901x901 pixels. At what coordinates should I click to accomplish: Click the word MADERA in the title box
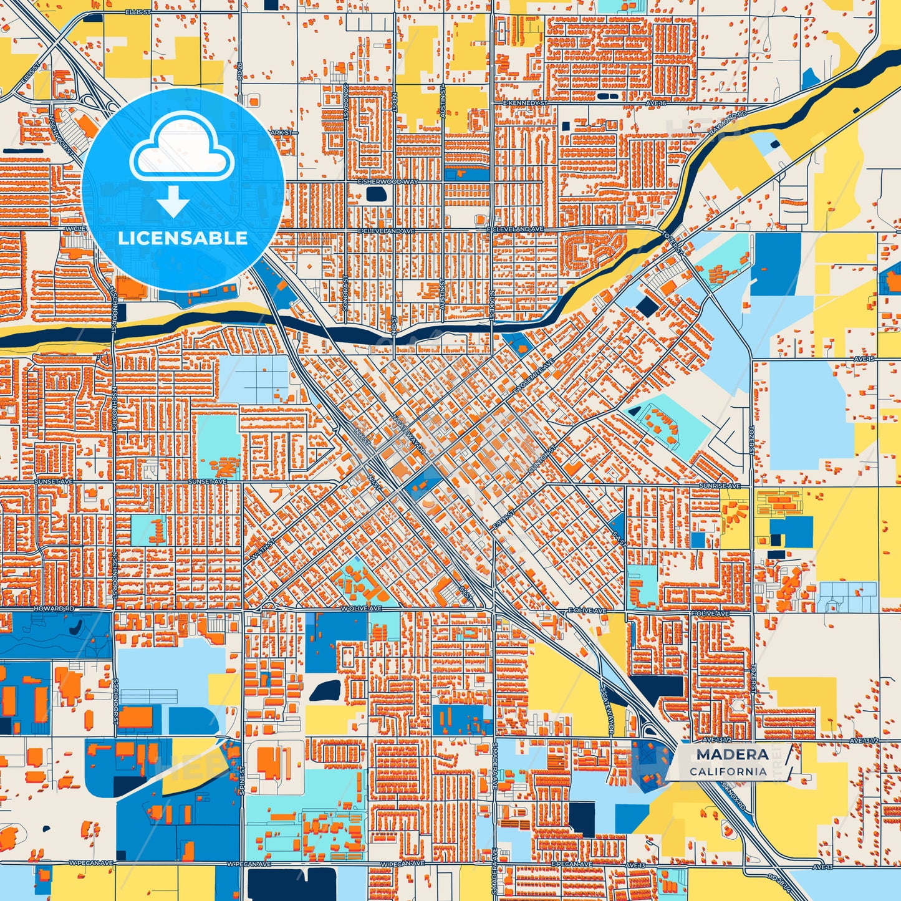point(732,754)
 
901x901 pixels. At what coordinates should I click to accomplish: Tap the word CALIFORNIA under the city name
point(728,771)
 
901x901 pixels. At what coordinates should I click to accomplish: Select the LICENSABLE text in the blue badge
point(183,238)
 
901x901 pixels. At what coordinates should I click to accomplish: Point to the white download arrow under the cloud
point(173,201)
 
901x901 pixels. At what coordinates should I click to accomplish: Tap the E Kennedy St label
point(525,102)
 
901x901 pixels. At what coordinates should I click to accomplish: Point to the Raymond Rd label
point(728,124)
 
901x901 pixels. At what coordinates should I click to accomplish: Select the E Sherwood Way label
point(388,181)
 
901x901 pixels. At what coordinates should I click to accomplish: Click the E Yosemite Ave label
point(533,377)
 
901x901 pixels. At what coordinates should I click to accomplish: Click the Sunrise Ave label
point(720,486)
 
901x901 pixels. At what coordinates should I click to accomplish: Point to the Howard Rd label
point(54,608)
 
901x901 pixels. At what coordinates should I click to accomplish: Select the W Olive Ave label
point(361,608)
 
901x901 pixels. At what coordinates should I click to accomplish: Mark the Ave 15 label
point(864,359)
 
